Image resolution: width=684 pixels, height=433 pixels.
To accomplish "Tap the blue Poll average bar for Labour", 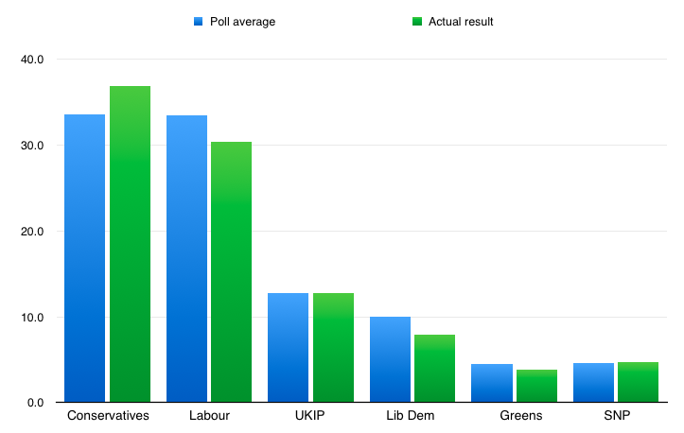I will pyautogui.click(x=186, y=259).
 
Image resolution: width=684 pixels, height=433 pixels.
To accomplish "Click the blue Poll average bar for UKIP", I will pyautogui.click(x=288, y=348).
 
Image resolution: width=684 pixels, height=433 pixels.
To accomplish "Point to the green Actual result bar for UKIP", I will pyautogui.click(x=333, y=348).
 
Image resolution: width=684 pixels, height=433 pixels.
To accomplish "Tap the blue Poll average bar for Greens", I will pyautogui.click(x=491, y=383).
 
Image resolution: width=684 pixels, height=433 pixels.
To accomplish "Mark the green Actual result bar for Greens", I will pyautogui.click(x=536, y=386).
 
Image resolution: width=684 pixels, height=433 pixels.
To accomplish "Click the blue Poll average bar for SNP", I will pyautogui.click(x=593, y=383).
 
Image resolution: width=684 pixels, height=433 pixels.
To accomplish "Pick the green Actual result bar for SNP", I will pyautogui.click(x=638, y=382).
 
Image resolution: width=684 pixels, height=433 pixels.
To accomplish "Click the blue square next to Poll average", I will pyautogui.click(x=199, y=21).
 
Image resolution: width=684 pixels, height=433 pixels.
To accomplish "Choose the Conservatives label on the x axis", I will pyautogui.click(x=107, y=416).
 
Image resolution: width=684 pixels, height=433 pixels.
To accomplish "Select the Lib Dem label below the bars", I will pyautogui.click(x=412, y=416).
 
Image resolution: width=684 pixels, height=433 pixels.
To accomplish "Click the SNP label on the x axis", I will pyautogui.click(x=616, y=416).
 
